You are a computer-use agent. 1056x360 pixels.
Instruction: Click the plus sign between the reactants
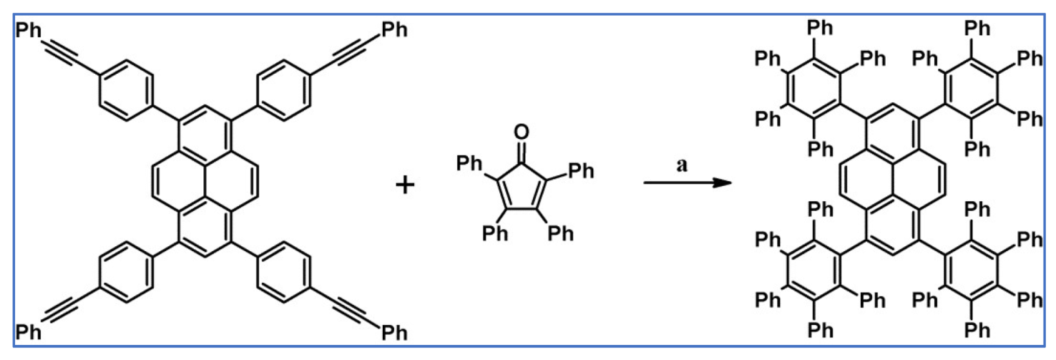coord(404,186)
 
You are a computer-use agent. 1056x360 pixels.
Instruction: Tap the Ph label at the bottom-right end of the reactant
coord(395,333)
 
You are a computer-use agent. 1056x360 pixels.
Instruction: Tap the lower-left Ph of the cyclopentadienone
coord(494,233)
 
